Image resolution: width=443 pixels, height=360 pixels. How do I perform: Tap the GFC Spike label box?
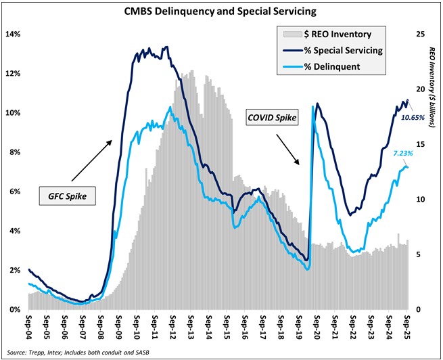(x=66, y=197)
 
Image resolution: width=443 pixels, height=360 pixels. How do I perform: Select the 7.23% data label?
(x=413, y=154)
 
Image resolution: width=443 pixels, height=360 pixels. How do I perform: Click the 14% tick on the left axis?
(x=14, y=34)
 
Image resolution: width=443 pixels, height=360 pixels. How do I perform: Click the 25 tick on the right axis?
(x=419, y=34)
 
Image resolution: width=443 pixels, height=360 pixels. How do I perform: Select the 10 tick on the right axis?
(x=419, y=200)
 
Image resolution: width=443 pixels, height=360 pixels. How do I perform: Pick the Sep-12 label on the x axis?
(x=172, y=325)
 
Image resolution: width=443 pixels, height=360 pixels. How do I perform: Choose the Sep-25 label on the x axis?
(x=406, y=325)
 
